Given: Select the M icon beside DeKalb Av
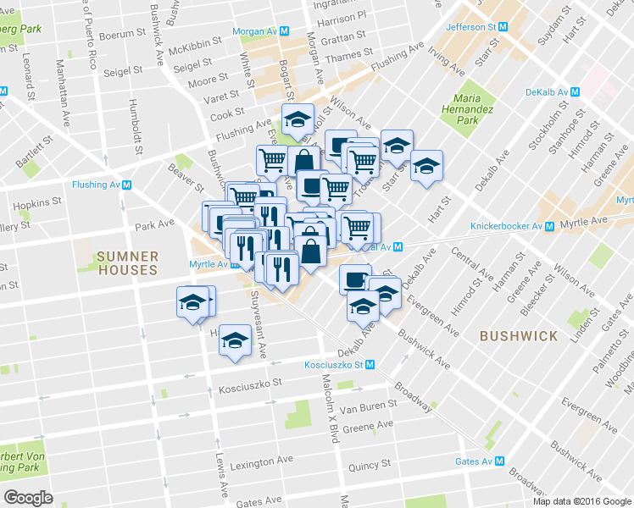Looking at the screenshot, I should coord(575,92).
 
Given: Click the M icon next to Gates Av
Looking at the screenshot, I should coord(499,461).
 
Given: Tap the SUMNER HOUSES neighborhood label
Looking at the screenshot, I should coord(126,262).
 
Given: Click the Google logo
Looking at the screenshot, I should coord(28,498).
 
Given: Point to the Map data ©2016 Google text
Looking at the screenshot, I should coord(581,501).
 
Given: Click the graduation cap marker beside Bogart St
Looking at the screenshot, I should coord(298,119).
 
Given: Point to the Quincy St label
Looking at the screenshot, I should coord(369,464).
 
